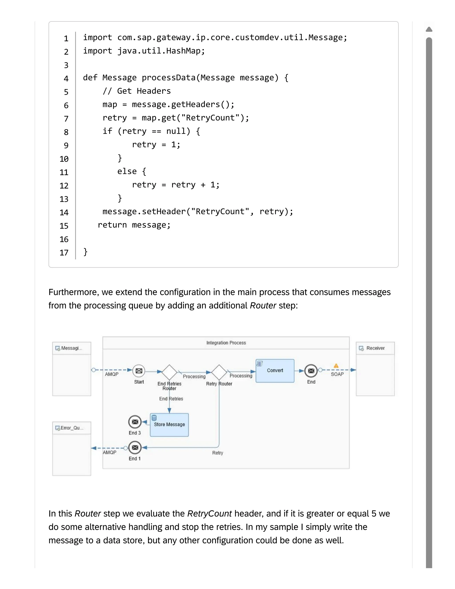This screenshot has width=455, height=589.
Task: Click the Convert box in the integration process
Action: tap(275, 371)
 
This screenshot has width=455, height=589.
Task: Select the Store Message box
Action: tap(169, 425)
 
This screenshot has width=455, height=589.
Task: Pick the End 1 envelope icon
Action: tap(135, 447)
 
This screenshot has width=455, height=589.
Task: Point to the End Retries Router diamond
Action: tap(169, 372)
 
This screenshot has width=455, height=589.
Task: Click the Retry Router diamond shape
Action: tap(219, 372)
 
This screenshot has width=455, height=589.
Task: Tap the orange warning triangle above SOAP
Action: tap(336, 366)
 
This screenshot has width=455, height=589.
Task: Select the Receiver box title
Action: tap(375, 348)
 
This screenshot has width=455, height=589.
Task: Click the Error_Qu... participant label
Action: tap(72, 428)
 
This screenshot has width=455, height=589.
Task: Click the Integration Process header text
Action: tap(226, 343)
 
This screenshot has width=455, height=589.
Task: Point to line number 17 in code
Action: tap(64, 253)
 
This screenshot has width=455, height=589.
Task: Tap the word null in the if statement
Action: tap(176, 131)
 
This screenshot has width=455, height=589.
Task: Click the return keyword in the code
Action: tap(112, 225)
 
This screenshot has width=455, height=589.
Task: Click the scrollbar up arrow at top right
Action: tap(429, 29)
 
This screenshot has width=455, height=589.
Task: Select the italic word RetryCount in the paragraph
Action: tap(209, 513)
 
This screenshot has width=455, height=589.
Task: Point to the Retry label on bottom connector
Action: tap(217, 453)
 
